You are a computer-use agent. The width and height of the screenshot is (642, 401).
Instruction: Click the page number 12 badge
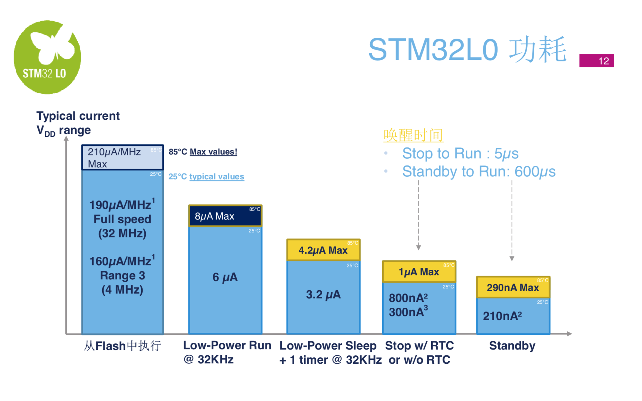596,61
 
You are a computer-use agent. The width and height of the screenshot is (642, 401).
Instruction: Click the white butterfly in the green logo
52,47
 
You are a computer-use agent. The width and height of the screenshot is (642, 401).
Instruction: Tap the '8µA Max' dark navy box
225,216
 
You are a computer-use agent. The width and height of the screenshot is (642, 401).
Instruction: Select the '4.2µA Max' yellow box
323,250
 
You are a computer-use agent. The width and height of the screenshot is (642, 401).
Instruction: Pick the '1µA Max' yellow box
419,272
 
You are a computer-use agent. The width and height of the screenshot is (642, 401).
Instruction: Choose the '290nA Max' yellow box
513,287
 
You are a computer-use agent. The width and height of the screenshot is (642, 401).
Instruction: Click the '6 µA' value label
225,277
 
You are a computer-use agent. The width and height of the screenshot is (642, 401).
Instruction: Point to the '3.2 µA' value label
323,294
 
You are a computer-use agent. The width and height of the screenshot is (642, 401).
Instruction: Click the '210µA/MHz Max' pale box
122,158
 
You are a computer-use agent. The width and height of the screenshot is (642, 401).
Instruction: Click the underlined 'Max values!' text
213,152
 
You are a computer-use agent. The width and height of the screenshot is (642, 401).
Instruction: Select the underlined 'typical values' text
217,177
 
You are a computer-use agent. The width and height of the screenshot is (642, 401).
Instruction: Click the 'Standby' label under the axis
512,346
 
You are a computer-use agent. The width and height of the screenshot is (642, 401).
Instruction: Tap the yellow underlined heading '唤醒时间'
413,135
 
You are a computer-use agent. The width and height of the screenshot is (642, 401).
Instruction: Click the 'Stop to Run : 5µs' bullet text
460,154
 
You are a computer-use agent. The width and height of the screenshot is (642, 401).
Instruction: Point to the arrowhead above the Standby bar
512,258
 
